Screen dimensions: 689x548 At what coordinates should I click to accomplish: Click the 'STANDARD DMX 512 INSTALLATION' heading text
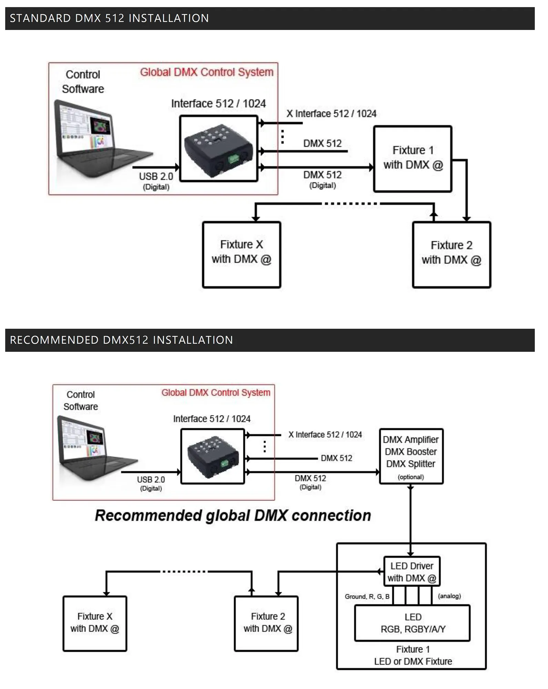pos(109,18)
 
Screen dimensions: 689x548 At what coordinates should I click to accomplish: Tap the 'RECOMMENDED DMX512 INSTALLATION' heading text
pos(121,340)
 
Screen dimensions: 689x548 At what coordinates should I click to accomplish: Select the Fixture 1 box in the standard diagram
pos(413,158)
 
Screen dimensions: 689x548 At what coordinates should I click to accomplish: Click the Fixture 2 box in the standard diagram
pos(451,254)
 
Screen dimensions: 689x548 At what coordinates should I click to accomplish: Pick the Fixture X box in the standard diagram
pos(242,254)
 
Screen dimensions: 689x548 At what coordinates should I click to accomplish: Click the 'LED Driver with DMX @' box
pos(412,572)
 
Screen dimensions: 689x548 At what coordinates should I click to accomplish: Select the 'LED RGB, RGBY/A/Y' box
pos(413,623)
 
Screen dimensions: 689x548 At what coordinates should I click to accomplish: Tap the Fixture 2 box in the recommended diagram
pos(266,623)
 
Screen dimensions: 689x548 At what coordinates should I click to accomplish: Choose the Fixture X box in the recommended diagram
pos(95,623)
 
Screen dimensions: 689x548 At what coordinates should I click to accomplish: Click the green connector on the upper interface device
pos(233,159)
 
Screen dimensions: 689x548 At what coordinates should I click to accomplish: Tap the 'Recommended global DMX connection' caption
pos(233,515)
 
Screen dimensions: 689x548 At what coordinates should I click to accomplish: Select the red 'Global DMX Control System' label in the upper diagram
pos(206,72)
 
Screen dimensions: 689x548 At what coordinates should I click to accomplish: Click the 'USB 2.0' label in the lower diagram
pos(151,480)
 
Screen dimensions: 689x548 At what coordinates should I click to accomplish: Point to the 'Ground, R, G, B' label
pos(367,596)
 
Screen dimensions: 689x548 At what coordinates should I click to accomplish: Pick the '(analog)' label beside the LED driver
pos(449,596)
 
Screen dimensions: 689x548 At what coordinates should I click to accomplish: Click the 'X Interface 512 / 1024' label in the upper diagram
pos(331,114)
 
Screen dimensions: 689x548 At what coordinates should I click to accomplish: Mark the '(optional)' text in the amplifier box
pos(410,477)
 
